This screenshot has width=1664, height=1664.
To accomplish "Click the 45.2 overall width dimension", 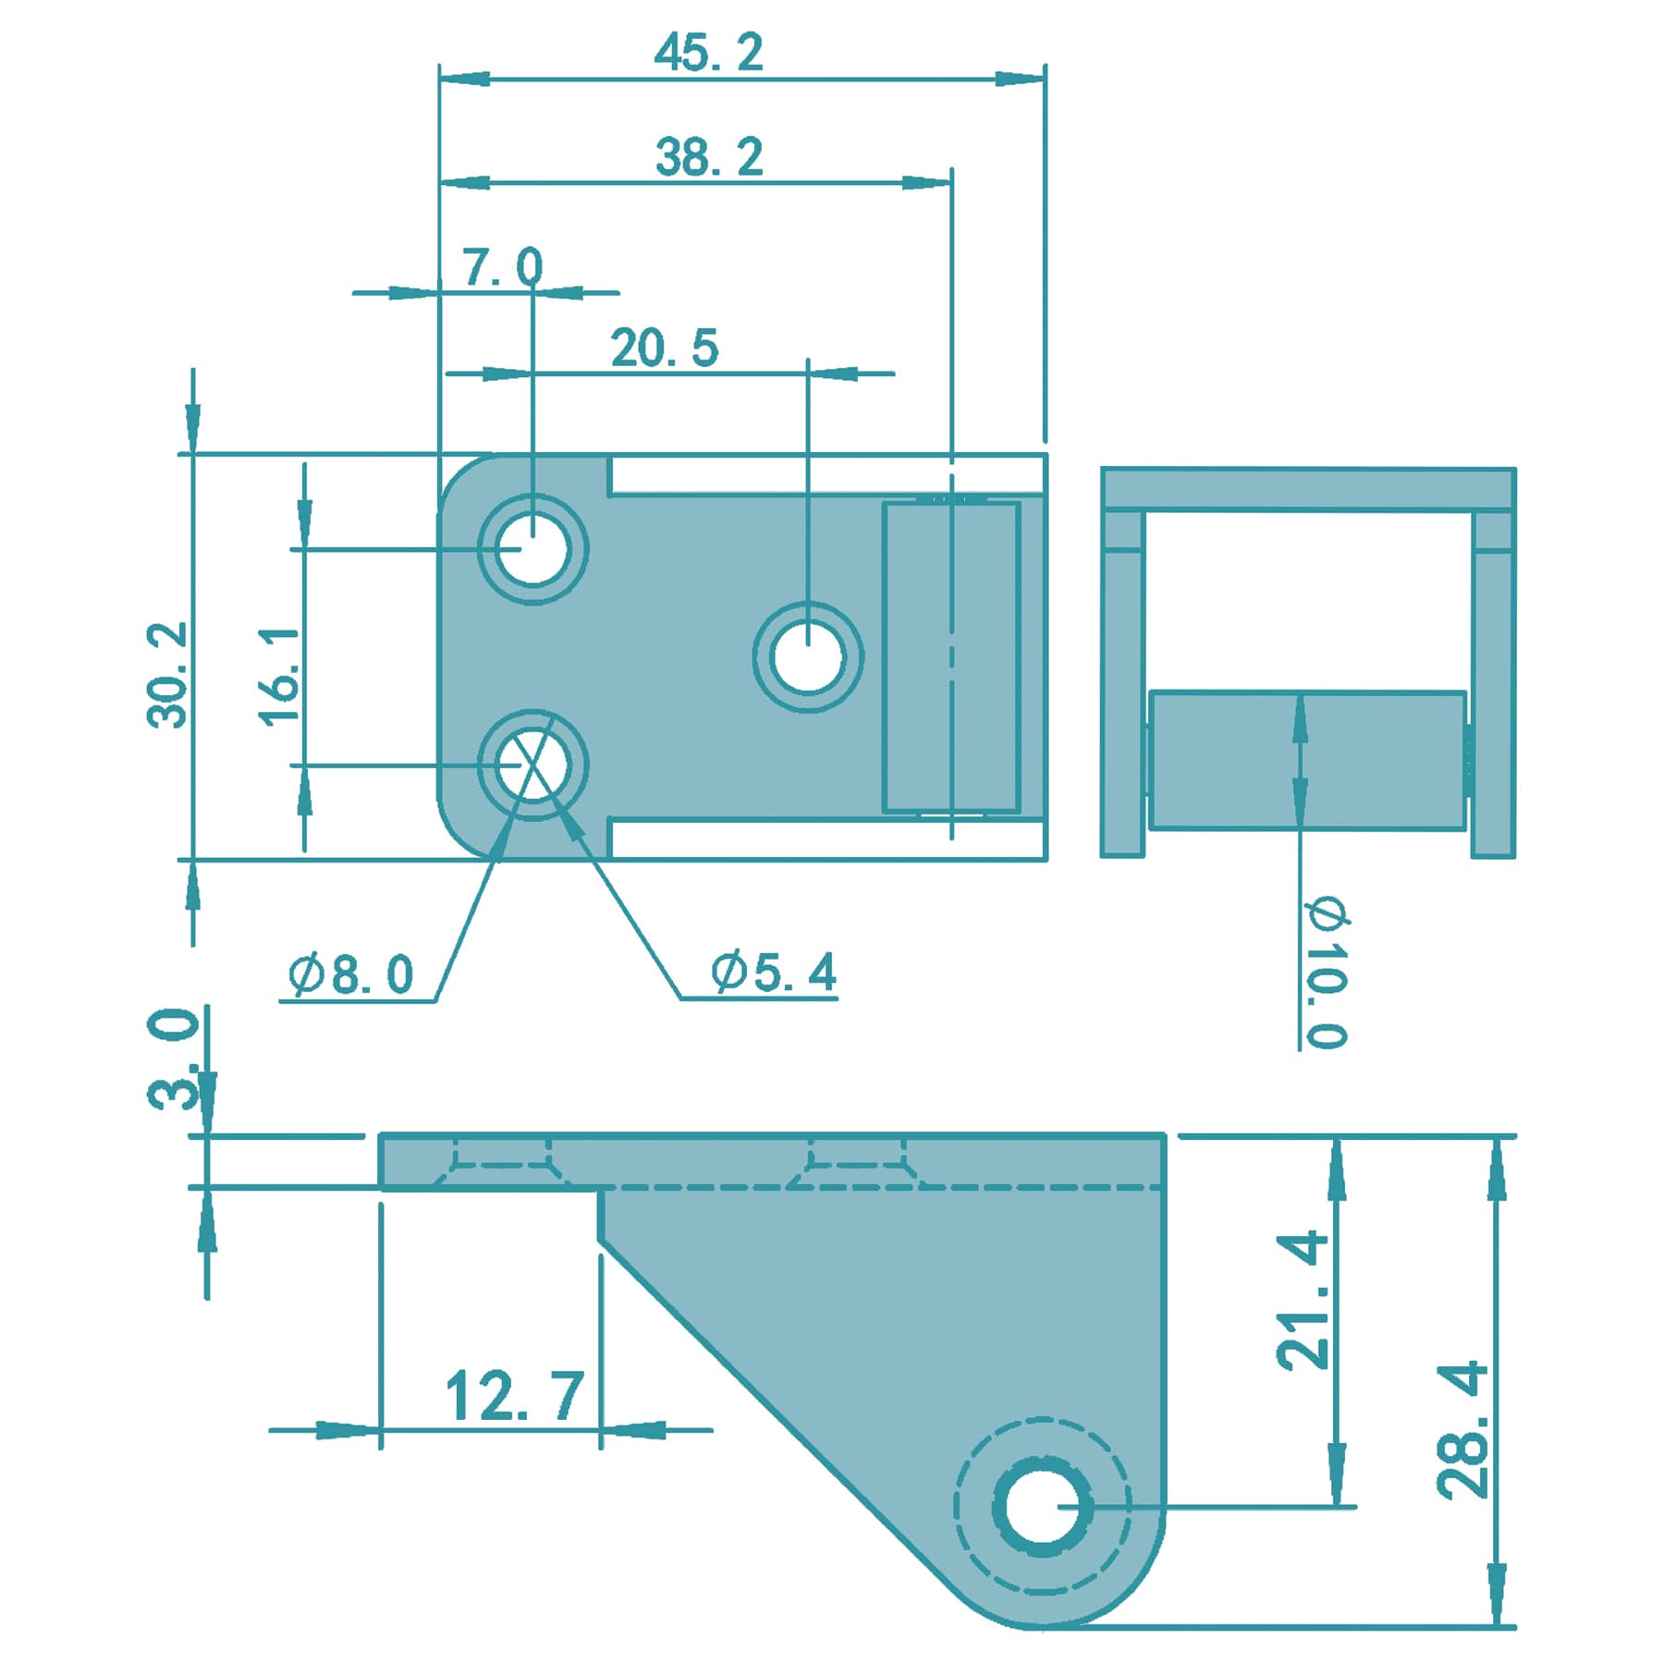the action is point(709,53).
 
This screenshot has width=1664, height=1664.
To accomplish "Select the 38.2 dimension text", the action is point(709,157).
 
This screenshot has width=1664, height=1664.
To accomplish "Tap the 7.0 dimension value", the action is point(503,267).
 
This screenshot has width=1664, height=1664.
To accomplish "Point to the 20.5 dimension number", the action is point(664,349).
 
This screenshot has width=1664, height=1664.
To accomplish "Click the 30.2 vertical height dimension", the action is point(167,675).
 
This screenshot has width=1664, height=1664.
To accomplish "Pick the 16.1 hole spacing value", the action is point(279,676).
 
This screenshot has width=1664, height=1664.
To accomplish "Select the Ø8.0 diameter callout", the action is point(350,974).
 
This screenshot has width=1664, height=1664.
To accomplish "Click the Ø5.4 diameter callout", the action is point(774,972).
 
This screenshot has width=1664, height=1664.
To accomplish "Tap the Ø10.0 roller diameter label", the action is point(1328,972).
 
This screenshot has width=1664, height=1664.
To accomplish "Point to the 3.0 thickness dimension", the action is point(173,1058).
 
